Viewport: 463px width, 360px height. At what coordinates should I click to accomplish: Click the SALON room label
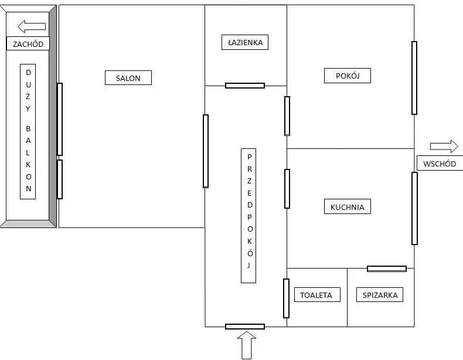point(128,77)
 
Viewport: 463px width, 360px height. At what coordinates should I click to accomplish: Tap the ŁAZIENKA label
point(245,42)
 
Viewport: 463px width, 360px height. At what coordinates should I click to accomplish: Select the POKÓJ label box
point(347,76)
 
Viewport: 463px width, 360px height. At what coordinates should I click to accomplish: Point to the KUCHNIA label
point(347,206)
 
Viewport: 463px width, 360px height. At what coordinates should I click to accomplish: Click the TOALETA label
point(317,294)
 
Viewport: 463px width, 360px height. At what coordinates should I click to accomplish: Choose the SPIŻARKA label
point(380,294)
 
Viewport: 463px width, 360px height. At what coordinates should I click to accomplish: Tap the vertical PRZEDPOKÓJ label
point(248,216)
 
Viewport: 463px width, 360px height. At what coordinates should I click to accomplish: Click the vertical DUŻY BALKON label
point(28,131)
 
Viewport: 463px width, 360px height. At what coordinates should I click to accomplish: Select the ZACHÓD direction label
point(28,44)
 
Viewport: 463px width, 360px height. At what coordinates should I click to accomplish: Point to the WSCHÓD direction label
point(440,164)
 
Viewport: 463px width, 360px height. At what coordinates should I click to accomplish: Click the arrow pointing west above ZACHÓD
point(32,26)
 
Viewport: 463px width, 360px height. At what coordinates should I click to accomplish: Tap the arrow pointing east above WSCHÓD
point(444,146)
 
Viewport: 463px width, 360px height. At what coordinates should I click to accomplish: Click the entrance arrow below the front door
point(247,345)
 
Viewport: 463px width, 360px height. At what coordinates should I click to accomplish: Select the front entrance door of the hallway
point(245,327)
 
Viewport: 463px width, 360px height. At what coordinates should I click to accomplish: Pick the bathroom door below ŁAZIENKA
point(245,86)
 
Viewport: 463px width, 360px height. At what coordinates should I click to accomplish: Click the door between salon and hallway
point(206,151)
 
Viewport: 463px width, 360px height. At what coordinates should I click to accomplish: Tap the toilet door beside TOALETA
point(286,298)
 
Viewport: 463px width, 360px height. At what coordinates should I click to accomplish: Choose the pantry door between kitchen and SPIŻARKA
point(387,269)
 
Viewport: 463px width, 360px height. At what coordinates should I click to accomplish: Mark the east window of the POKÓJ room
point(414,77)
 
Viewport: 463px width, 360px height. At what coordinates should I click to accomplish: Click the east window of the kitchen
point(414,208)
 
